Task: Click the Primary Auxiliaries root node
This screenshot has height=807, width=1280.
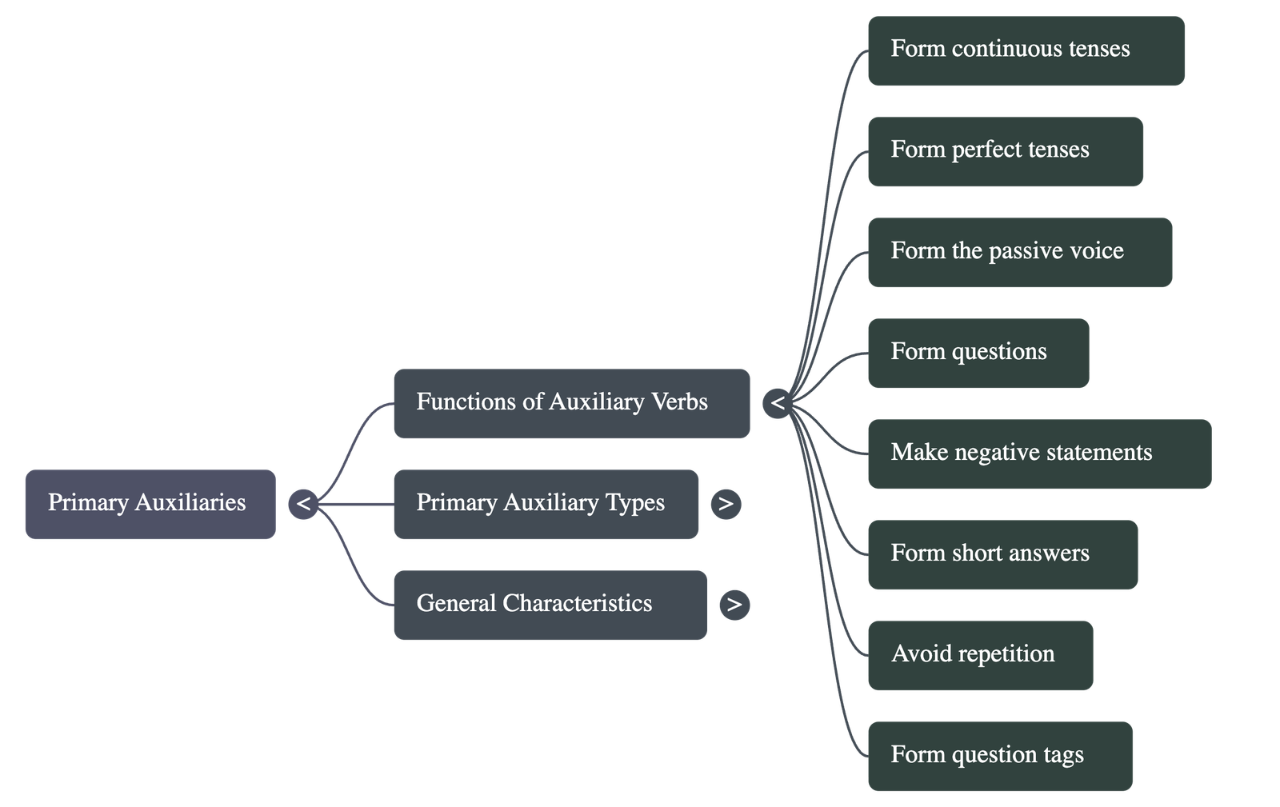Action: click(x=150, y=504)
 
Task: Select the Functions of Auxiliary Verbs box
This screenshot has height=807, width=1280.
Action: click(x=571, y=403)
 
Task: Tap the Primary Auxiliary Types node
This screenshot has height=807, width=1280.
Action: click(x=546, y=504)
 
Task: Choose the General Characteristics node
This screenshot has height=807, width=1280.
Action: click(x=550, y=605)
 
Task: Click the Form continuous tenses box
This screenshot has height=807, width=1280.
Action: click(x=1026, y=50)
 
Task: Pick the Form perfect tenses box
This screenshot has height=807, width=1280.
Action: click(x=1005, y=150)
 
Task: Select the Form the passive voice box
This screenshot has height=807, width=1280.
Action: click(x=1019, y=251)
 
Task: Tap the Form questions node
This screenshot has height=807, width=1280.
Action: click(x=978, y=352)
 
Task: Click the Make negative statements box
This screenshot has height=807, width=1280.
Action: click(x=1039, y=453)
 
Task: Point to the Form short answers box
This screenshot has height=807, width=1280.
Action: click(x=1002, y=553)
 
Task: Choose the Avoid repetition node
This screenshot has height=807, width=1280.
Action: click(x=980, y=654)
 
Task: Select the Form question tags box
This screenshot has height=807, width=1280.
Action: click(x=999, y=755)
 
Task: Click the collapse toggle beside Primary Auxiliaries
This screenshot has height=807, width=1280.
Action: click(x=303, y=504)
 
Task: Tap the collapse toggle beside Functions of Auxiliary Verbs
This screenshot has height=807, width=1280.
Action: click(x=777, y=403)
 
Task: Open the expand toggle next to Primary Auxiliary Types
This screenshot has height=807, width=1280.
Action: click(x=726, y=504)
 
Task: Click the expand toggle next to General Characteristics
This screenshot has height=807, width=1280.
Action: click(x=734, y=605)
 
